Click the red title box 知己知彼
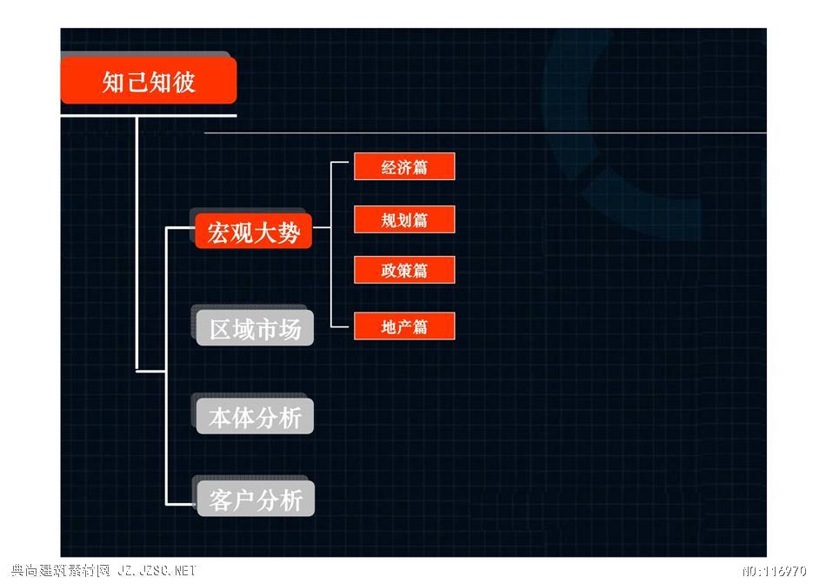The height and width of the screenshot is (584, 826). pos(149,80)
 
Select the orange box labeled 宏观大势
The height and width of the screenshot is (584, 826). pos(253,231)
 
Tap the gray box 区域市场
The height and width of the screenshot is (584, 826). pos(255,328)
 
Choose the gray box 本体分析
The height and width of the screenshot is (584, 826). pos(255,416)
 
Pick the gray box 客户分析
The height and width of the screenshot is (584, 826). pos(256,499)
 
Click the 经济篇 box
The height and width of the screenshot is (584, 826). pos(404,166)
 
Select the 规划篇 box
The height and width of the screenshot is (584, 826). pos(404,219)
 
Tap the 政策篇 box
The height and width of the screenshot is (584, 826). pos(404,270)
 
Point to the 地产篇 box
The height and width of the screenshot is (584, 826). pos(404,326)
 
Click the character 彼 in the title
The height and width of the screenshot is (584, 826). pos(183,82)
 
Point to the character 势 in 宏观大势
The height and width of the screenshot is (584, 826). pos(290,232)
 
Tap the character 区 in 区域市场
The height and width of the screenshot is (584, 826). pos(220,329)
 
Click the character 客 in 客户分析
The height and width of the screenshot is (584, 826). pos(220,500)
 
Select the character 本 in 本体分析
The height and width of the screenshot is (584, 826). pos(220,418)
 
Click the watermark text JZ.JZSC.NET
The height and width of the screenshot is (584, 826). pos(157,570)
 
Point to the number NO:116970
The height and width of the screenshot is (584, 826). pos(775,571)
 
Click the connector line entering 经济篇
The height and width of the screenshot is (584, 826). pos(340,163)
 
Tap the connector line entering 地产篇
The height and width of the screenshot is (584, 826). pos(340,326)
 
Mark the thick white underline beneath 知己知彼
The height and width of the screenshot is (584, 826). pos(149,116)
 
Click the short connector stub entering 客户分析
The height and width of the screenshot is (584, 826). pos(181,505)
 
